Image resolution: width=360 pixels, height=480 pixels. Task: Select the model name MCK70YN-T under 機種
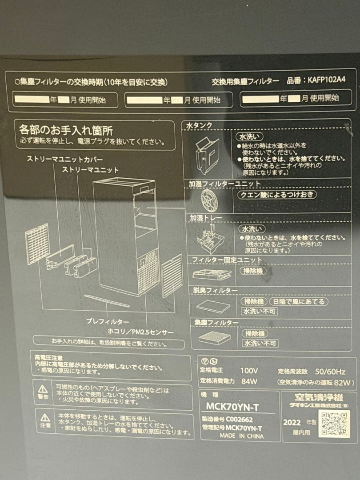232,406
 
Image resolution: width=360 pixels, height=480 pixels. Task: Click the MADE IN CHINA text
241,436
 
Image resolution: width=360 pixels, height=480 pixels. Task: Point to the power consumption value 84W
249,381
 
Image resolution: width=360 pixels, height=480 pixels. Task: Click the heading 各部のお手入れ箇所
66,131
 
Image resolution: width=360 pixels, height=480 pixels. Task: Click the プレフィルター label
108,321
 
